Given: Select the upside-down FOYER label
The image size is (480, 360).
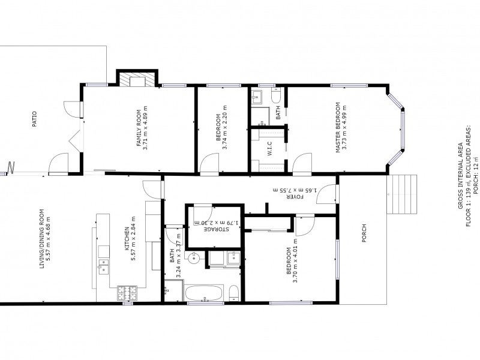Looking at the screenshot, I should coord(295,196).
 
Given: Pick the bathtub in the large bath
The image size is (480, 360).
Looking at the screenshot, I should coord(204,293).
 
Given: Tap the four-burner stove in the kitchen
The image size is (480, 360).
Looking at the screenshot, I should coord(127,293).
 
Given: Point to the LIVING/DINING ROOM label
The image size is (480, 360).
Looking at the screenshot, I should coord(41,247).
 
